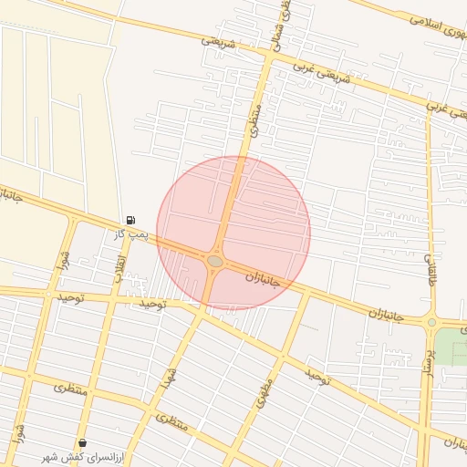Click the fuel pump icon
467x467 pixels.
(130, 220)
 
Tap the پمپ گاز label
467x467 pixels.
(131, 235)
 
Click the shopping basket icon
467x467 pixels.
(83, 442)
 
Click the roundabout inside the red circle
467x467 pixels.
(215, 261)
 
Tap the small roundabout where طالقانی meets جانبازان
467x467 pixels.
(431, 322)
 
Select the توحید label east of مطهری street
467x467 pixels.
(316, 375)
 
